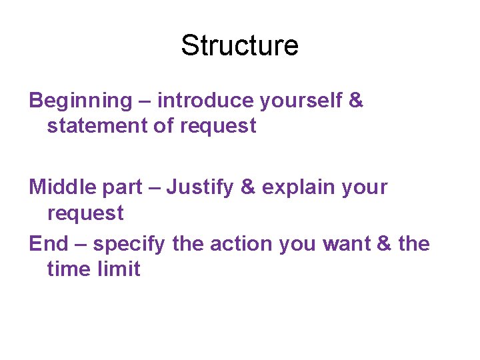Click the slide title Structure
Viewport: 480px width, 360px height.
tap(239, 46)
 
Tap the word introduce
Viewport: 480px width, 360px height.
tap(205, 101)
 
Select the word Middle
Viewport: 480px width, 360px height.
tap(60, 187)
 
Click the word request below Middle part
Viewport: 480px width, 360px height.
tap(85, 214)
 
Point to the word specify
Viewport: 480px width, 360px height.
tap(129, 245)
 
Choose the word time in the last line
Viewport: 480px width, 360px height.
tap(69, 269)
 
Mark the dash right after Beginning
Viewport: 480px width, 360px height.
tap(145, 101)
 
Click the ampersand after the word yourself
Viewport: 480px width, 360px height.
tap(356, 101)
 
